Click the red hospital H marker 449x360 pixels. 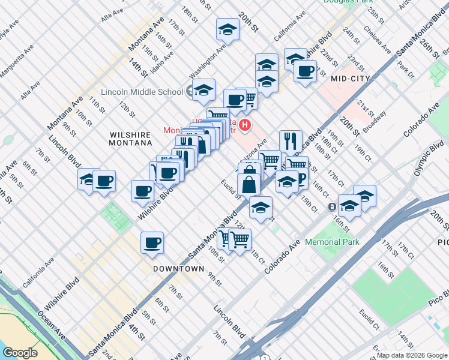coord(245,125)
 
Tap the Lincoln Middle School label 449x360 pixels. coord(142,92)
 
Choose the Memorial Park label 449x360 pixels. coord(332,242)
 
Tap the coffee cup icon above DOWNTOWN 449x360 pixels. coord(152,242)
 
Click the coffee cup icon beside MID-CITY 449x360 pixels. coord(305,71)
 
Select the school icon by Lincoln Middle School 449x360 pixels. coord(204,90)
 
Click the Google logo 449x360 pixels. coord(20,353)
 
